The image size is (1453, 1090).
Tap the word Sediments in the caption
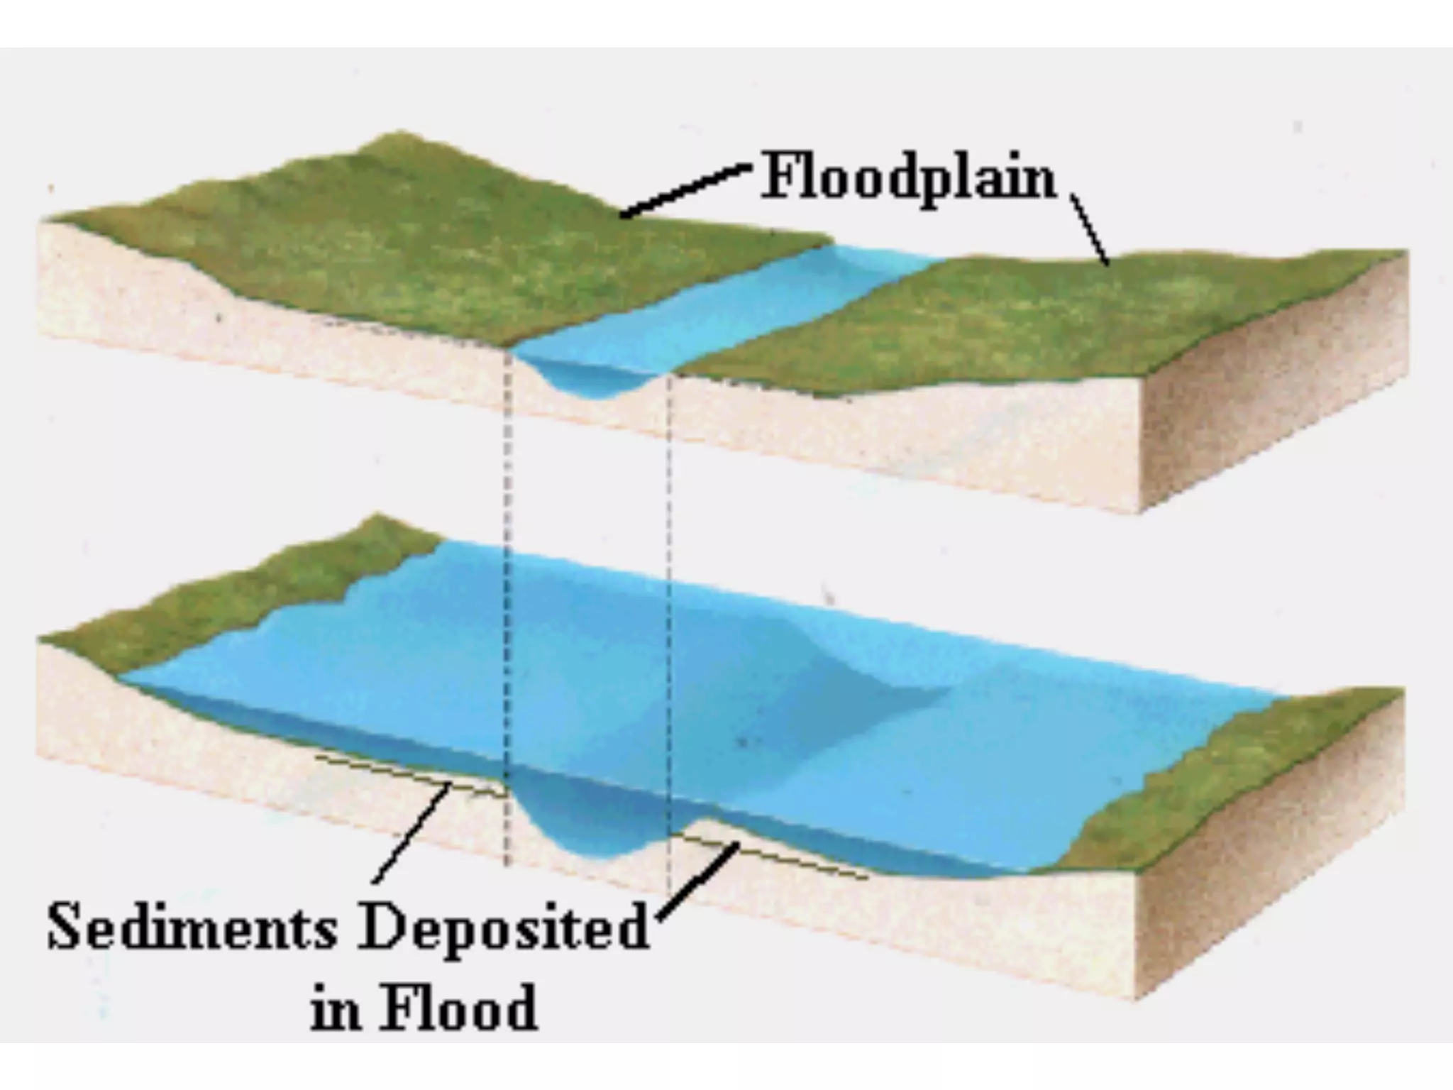pyautogui.click(x=192, y=927)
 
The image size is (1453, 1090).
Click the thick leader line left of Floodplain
pyautogui.click(x=685, y=190)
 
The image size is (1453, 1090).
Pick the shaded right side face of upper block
pyautogui.click(x=1270, y=397)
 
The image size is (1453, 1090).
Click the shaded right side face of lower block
pyautogui.click(x=1270, y=852)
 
